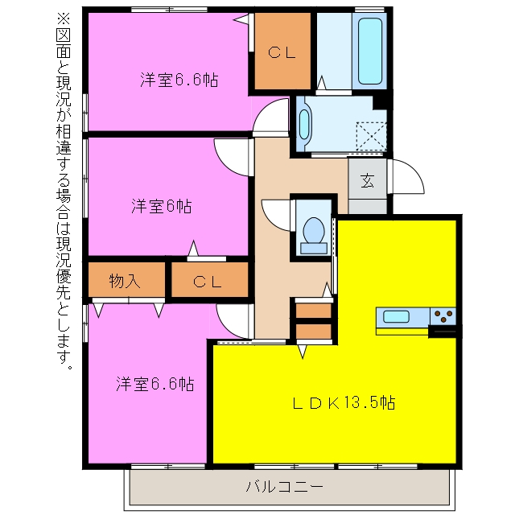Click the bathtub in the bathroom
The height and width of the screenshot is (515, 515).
(x=370, y=51)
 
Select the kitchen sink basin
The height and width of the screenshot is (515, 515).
(x=396, y=317)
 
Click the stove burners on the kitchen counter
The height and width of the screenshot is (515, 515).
(x=443, y=317)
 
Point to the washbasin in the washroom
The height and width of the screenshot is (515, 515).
(x=304, y=124)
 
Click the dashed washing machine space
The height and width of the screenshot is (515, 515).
(x=371, y=136)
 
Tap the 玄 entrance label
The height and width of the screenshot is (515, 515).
(x=367, y=180)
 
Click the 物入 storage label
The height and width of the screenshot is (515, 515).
(x=125, y=281)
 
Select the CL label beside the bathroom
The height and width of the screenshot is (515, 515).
(x=282, y=52)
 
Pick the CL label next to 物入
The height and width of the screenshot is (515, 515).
(x=208, y=282)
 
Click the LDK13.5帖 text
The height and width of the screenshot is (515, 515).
(x=344, y=402)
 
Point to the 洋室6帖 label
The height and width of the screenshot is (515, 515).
(x=161, y=206)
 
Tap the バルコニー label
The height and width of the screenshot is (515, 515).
(x=284, y=486)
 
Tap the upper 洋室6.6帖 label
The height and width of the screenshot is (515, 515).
(x=179, y=80)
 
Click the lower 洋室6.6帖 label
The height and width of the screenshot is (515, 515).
(x=155, y=384)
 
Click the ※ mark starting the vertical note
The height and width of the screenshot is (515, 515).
(x=64, y=19)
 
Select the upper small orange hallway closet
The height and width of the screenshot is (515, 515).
(x=313, y=311)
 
